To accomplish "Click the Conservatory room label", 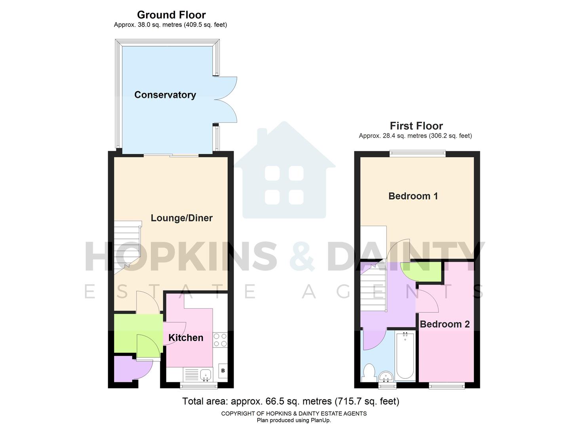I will [x=165, y=95].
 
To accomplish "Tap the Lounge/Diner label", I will [x=182, y=218].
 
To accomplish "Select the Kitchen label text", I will [x=186, y=338].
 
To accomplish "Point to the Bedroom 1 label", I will [x=413, y=196].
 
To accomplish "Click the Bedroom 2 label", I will [x=445, y=324].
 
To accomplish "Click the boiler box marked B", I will [x=223, y=371].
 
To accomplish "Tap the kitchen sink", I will [x=206, y=374].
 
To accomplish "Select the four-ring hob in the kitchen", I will [x=220, y=340].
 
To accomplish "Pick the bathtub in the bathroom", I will [x=405, y=356].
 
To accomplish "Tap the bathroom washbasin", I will [x=385, y=376].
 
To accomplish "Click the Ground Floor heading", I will [x=171, y=15].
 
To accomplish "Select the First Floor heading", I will [x=416, y=126].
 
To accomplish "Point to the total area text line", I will [x=291, y=401].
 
